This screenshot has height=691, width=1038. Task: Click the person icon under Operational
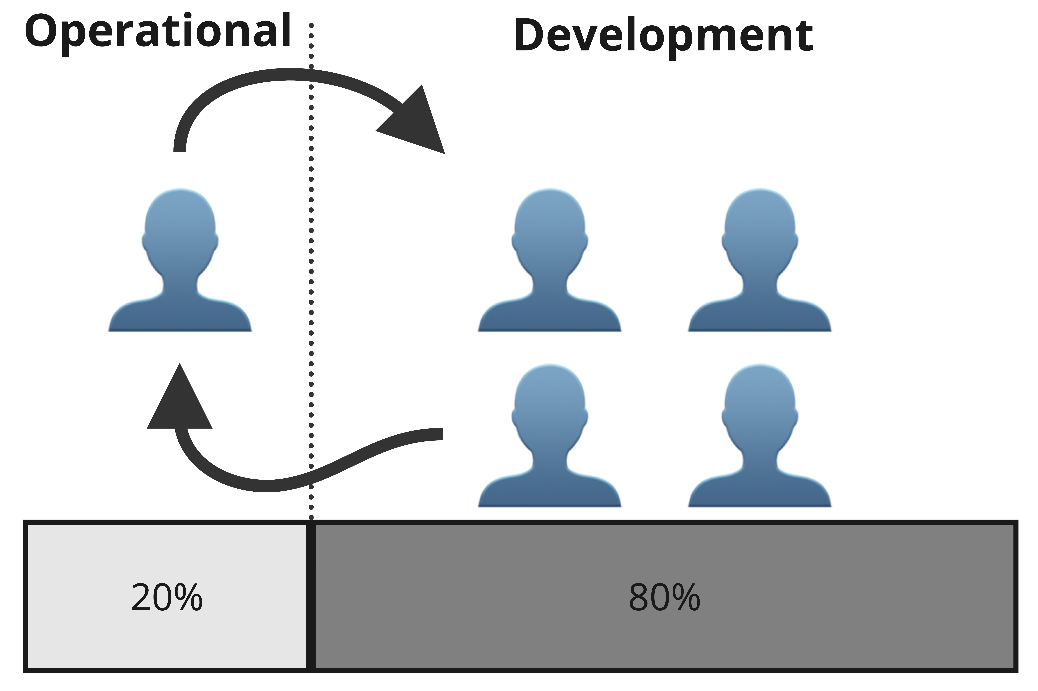pos(180,260)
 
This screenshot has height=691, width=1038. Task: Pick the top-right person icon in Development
pos(760,260)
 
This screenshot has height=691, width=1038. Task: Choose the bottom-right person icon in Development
pos(760,435)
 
